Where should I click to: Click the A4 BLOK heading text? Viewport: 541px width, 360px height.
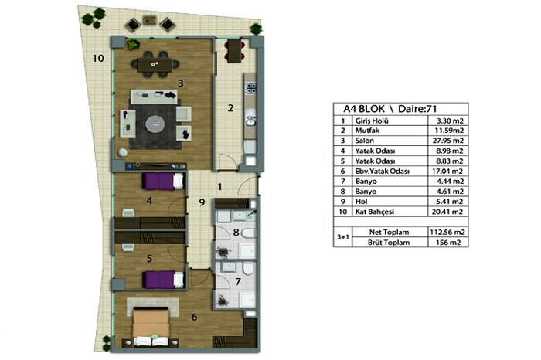[364, 109]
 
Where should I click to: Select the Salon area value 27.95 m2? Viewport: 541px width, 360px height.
[447, 141]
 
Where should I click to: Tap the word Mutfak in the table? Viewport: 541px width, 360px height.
[367, 131]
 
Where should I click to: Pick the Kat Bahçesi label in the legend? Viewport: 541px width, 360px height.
[375, 212]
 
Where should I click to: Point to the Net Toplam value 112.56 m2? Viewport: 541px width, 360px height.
[447, 232]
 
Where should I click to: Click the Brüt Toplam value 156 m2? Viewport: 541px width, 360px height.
[448, 243]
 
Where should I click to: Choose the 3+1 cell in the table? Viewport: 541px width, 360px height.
[342, 237]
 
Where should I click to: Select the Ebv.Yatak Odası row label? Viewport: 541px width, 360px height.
[383, 172]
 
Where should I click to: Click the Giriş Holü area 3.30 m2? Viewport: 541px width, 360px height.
[450, 121]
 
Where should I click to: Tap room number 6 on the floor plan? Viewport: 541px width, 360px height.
[194, 317]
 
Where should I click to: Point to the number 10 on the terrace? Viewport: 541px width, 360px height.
[98, 58]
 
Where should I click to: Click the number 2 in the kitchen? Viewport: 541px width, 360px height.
[230, 108]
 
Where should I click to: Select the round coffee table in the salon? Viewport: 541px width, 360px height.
[155, 124]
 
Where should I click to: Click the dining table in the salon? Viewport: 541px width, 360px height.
[155, 64]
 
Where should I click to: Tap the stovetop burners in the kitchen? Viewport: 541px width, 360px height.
[251, 87]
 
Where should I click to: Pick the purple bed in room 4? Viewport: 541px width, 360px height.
[162, 181]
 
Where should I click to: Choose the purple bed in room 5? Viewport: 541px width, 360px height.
[163, 280]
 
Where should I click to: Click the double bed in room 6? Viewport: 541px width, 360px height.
[151, 327]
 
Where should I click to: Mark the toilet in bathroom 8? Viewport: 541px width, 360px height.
[249, 233]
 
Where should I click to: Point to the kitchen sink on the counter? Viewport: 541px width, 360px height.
[250, 121]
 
